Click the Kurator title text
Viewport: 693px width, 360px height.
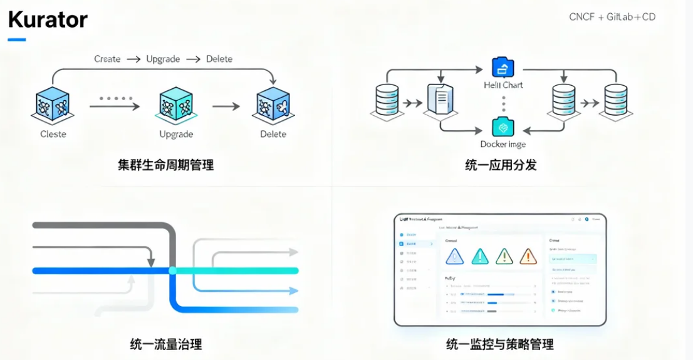[48, 19]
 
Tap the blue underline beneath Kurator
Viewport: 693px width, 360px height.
[17, 40]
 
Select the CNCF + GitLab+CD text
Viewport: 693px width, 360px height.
[612, 17]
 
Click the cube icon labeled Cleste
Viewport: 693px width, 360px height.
[53, 105]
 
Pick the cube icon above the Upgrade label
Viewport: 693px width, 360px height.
[176, 105]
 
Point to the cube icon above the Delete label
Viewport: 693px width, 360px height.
[273, 105]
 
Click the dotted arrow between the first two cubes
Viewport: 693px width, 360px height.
[114, 105]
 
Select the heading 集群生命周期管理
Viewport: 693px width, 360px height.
[166, 165]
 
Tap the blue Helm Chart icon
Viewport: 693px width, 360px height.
[503, 67]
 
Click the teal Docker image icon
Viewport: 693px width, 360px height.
[503, 127]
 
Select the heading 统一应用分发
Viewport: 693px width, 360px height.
[501, 165]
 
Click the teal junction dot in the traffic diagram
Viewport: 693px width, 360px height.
[172, 270]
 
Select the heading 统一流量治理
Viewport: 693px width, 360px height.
[166, 344]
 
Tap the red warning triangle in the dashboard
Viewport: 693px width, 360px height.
[528, 256]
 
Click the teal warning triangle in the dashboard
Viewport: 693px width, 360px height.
[479, 256]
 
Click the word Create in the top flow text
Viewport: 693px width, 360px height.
[107, 59]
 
